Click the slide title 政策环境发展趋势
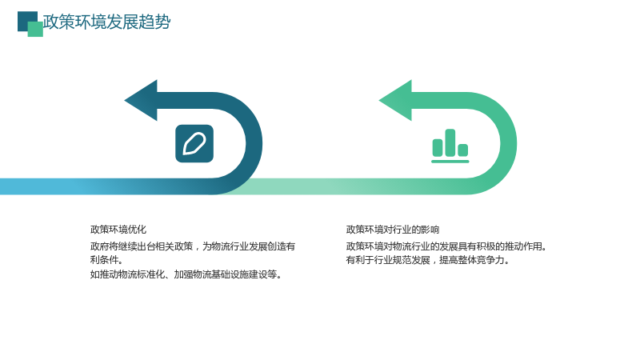[x=106, y=22]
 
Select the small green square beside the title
[x=36, y=30]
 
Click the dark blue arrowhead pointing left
[x=141, y=101]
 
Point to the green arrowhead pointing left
[x=395, y=101]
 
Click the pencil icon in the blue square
[x=194, y=144]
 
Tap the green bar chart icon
[x=450, y=146]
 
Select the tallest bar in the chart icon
[x=450, y=142]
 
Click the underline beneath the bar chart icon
[x=450, y=162]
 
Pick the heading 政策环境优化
[x=118, y=230]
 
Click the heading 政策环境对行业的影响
[x=393, y=230]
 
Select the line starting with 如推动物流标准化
[x=186, y=274]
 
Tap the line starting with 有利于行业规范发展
[x=428, y=260]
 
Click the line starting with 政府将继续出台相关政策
[x=193, y=246]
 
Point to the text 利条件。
[x=106, y=260]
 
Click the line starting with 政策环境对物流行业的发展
[x=446, y=246]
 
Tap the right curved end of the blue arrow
[x=254, y=143]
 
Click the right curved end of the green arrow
[x=509, y=143]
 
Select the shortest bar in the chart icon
[x=463, y=150]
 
